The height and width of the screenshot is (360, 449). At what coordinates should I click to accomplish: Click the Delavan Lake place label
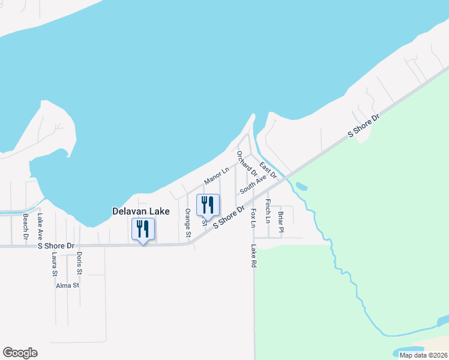(141, 211)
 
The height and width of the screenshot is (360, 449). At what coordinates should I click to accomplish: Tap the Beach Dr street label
(26, 226)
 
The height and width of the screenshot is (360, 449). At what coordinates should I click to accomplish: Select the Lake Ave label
(40, 226)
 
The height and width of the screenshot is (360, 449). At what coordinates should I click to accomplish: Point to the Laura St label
(54, 263)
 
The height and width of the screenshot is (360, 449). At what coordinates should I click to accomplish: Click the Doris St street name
(79, 263)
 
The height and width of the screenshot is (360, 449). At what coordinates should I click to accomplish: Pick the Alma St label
(67, 286)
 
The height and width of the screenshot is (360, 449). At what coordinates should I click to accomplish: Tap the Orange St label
(188, 222)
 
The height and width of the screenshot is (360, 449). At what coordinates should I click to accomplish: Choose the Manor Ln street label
(216, 175)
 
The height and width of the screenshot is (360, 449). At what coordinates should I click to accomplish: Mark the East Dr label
(268, 170)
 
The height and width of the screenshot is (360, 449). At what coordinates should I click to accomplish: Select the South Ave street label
(253, 184)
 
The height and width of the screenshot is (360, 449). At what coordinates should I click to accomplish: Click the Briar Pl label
(280, 221)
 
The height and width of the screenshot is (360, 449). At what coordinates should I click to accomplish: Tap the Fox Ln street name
(253, 218)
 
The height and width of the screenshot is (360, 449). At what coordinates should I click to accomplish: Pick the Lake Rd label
(254, 256)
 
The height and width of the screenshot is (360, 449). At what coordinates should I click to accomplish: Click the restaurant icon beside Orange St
(207, 205)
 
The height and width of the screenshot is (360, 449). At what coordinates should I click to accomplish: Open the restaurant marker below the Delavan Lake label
(143, 229)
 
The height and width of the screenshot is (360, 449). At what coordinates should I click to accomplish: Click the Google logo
(20, 353)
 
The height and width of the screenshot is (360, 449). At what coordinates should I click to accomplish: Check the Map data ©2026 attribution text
(423, 355)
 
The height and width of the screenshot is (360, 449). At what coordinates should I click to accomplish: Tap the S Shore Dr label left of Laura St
(56, 246)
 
